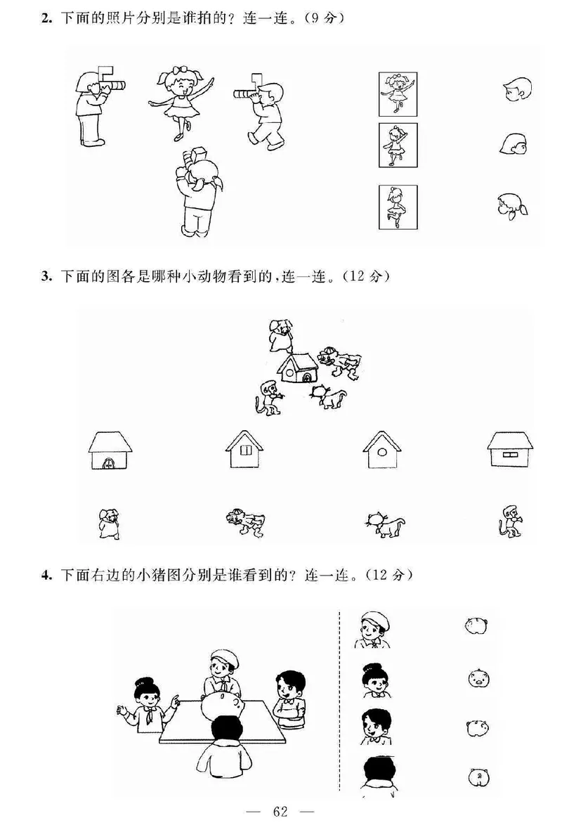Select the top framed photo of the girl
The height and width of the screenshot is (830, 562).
pos(398,94)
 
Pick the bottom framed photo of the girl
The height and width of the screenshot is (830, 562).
pos(398,207)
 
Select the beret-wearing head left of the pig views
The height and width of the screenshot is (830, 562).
pos(369,628)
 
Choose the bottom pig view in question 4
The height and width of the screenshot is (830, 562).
pos(477,776)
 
